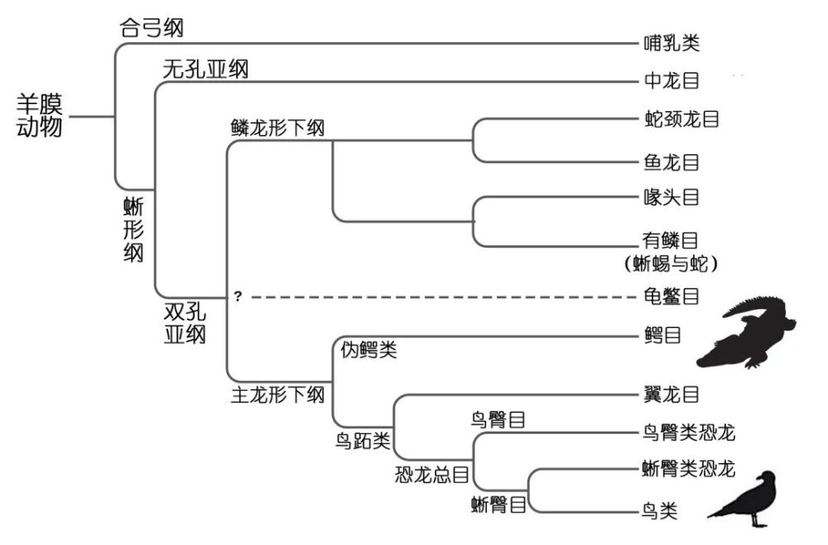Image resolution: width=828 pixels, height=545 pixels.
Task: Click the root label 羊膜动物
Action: (40, 116)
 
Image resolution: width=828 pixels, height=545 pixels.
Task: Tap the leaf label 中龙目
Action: (671, 81)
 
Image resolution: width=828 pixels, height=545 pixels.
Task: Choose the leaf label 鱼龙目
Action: (672, 162)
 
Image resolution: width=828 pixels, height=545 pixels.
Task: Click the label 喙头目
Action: (671, 198)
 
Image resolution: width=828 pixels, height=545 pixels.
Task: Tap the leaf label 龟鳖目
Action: (671, 296)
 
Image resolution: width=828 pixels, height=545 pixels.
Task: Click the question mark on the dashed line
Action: (238, 296)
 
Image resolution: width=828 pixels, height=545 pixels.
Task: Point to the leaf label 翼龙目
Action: (671, 395)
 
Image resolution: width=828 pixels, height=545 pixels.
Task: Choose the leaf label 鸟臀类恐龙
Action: (688, 432)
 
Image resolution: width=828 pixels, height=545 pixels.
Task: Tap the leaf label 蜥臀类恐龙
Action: (688, 470)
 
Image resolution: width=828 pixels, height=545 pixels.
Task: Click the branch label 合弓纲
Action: (152, 28)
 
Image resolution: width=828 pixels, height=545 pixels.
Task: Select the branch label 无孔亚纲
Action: (205, 69)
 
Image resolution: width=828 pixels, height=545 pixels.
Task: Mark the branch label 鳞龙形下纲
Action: (277, 129)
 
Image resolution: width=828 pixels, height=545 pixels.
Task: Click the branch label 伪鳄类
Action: (369, 350)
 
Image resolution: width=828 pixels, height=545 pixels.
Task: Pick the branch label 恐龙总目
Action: (432, 475)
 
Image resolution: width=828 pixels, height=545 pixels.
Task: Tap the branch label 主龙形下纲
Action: (277, 395)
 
